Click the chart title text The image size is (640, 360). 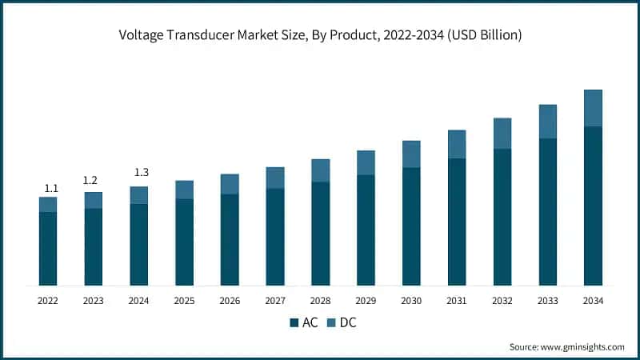320,34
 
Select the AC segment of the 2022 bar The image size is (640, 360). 48,248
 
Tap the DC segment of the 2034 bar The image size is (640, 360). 593,108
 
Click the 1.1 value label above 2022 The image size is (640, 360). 51,188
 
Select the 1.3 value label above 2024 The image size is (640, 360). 139,172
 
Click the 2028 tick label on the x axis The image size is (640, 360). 320,301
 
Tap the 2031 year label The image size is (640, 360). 457,301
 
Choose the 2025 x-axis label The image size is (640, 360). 184,301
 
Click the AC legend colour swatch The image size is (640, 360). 293,323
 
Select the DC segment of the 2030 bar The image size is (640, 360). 411,154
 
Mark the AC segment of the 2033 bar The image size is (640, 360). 547,212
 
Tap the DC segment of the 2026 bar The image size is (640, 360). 230,184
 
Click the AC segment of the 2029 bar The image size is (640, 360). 366,230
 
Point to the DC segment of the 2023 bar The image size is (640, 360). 94,200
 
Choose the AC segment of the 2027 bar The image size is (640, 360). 275,237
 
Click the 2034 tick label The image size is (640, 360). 593,301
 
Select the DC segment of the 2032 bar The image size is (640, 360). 502,134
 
